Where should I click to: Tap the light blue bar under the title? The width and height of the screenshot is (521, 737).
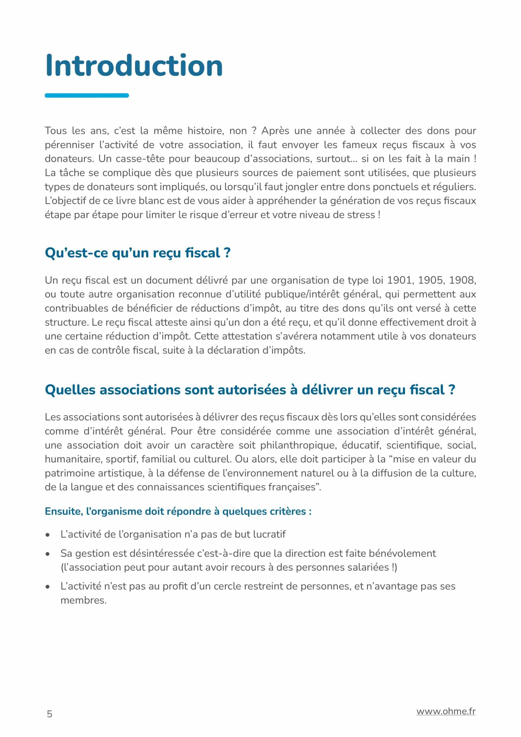tap(87, 95)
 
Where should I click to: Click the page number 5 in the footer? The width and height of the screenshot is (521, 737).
tap(49, 714)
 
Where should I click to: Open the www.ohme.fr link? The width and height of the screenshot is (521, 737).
tap(446, 711)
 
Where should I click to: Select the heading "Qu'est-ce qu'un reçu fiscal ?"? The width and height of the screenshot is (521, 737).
tap(138, 253)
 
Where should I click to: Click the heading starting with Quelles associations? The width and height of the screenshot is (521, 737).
tap(250, 390)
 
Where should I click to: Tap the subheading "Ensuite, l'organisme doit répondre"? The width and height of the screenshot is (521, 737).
tap(178, 511)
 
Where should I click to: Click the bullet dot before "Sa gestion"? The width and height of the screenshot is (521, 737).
tap(47, 554)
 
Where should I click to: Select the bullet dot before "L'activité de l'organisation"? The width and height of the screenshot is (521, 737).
tap(47, 535)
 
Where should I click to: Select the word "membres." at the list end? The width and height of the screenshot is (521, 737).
tap(83, 600)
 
